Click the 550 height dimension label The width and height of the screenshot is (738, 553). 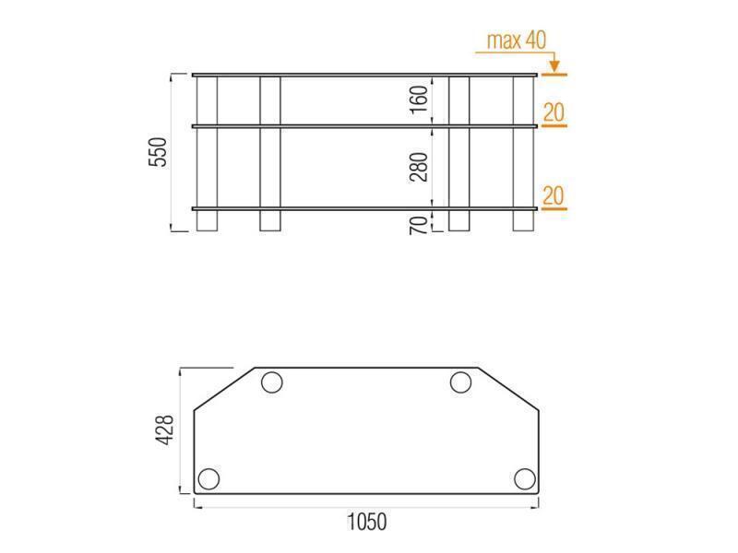[158, 152]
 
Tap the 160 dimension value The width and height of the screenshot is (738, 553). [419, 99]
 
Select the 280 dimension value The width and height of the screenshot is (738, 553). [419, 167]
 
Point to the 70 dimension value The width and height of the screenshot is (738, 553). [419, 225]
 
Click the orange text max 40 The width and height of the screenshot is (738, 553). [517, 41]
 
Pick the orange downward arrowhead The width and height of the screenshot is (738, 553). [554, 65]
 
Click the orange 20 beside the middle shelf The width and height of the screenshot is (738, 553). [553, 112]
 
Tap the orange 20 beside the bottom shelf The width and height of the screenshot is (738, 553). [553, 195]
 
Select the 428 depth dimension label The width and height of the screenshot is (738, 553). [165, 429]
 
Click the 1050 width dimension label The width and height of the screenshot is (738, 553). [366, 522]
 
